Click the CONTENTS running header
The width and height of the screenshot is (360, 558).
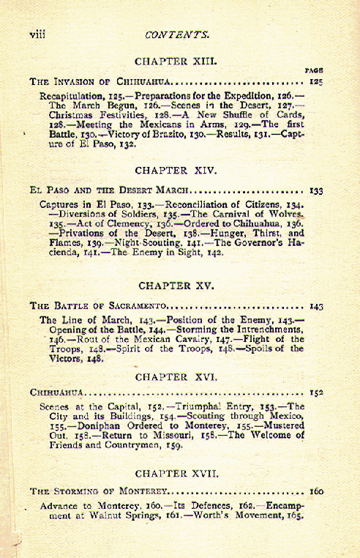coord(178,34)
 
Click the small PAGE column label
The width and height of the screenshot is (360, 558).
coord(315,70)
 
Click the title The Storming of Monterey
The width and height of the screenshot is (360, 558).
coord(100,492)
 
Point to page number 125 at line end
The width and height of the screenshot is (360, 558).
coord(317,81)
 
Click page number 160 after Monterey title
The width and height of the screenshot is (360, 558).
coord(316,492)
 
